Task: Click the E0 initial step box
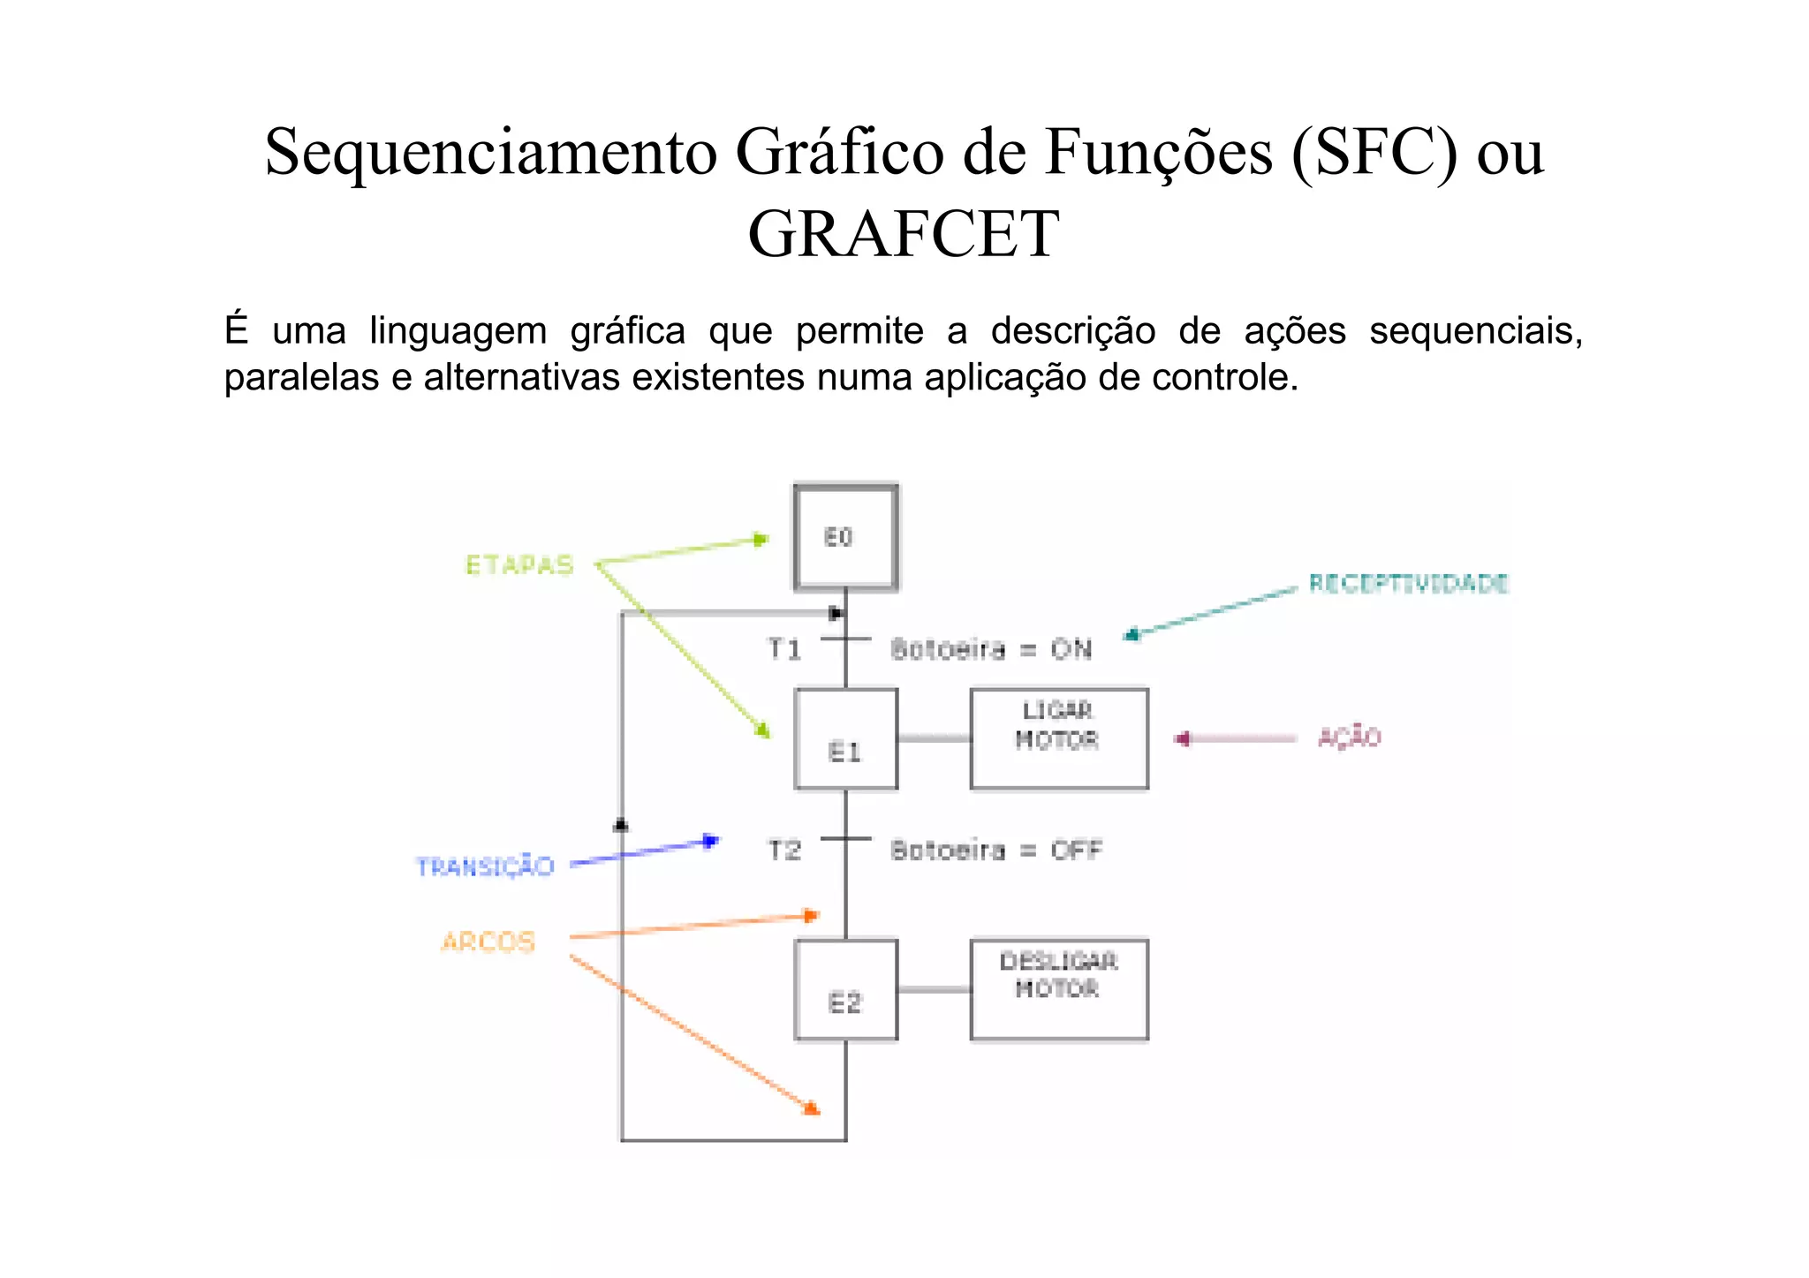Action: [845, 536]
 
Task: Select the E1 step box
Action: [845, 739]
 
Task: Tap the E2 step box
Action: [845, 990]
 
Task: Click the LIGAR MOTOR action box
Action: [1058, 738]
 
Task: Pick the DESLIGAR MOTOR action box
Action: [1058, 989]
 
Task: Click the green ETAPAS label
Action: [519, 565]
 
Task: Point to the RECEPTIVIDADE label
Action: [1408, 584]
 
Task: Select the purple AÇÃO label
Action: [1349, 737]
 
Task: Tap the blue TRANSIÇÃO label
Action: [485, 866]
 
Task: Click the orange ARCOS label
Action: [488, 941]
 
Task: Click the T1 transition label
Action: [784, 650]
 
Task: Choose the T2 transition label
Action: [784, 851]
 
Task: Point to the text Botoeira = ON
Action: [991, 650]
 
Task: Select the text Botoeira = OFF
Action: [996, 851]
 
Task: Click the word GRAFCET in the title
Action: [903, 234]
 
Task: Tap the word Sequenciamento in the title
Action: [491, 152]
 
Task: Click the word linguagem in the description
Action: [458, 331]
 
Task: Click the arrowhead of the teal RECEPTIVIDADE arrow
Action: [1132, 634]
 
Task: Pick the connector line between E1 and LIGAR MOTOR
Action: [934, 738]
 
